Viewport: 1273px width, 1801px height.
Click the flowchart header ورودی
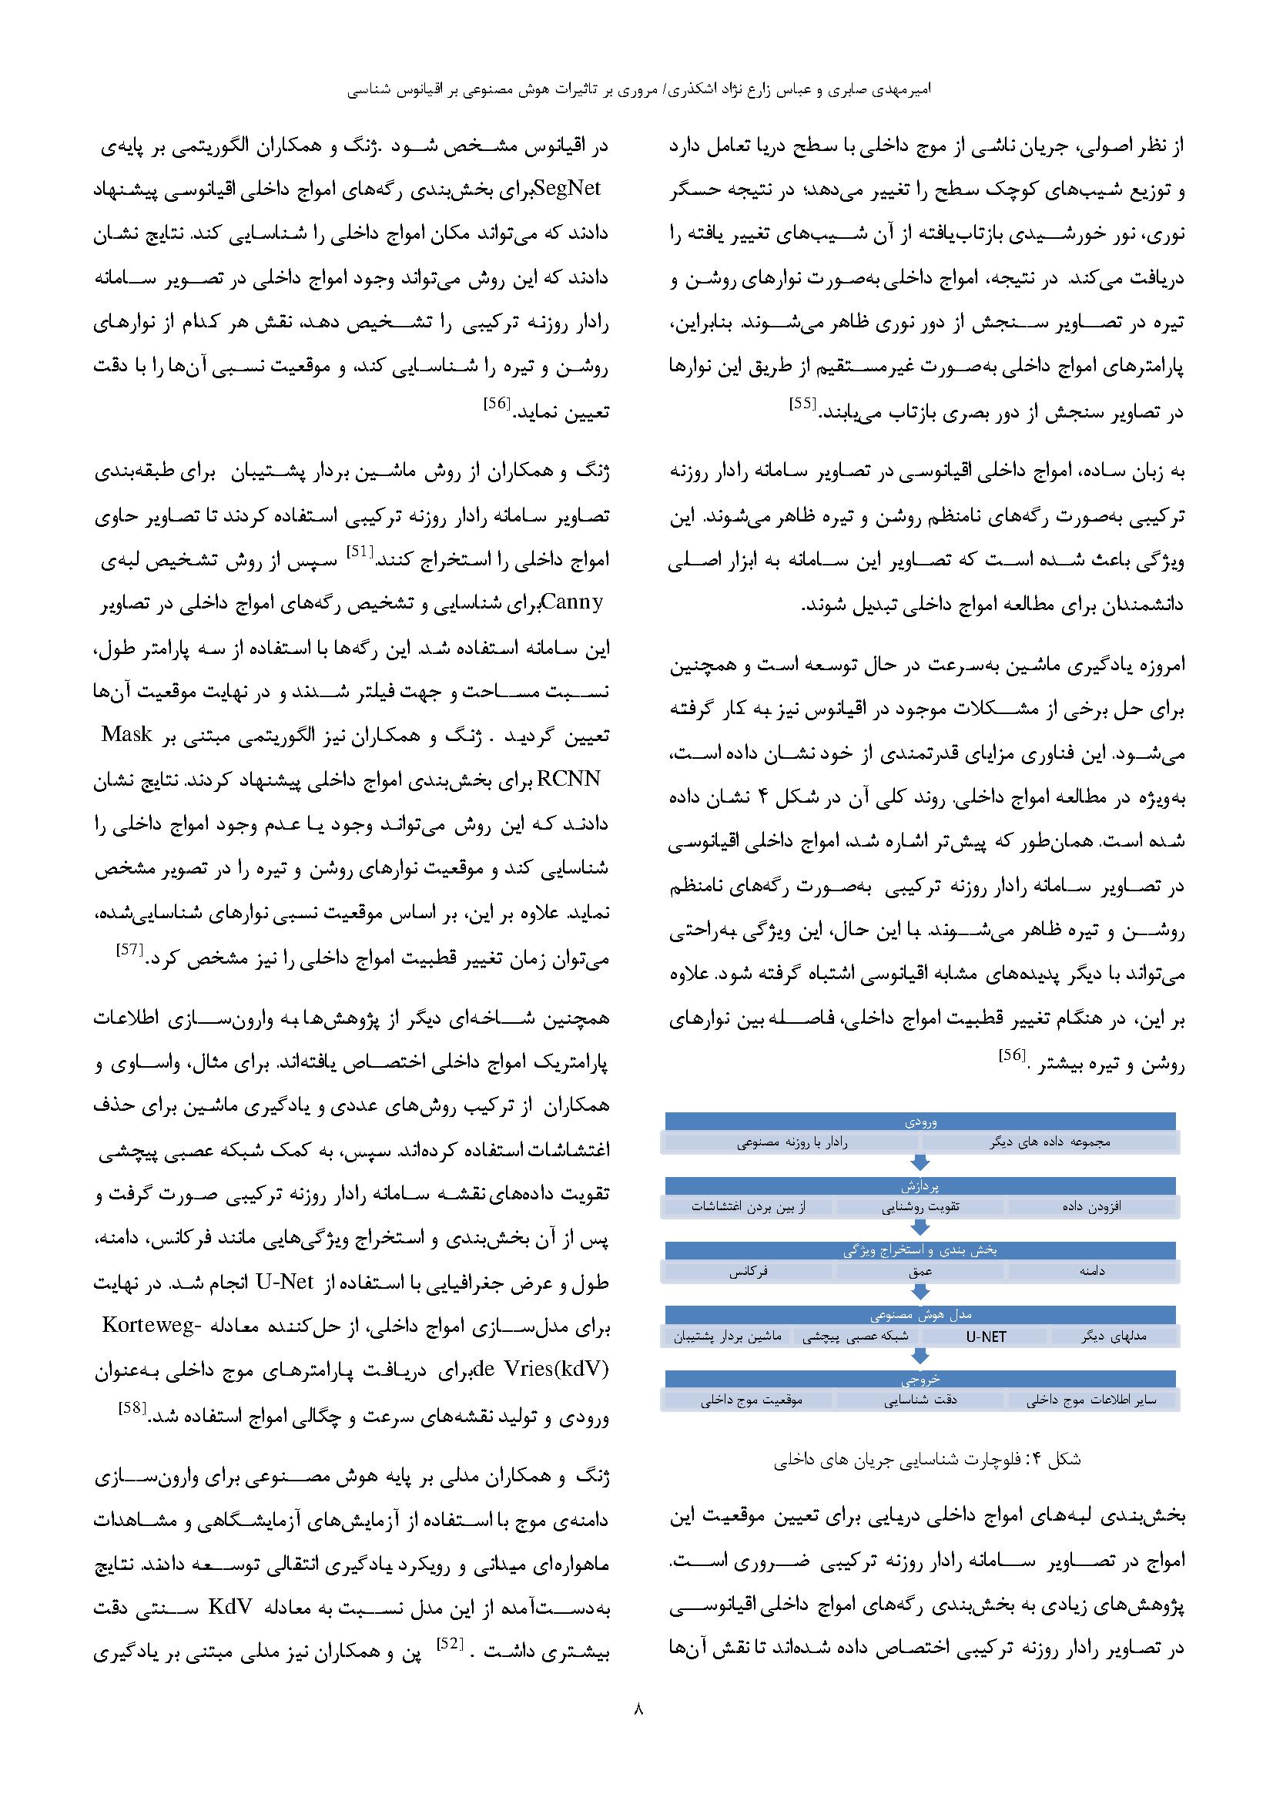coord(921,1122)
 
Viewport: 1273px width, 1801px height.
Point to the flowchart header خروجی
coord(921,1380)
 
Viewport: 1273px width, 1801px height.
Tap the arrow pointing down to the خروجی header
coord(921,1357)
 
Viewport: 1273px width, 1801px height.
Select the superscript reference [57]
coord(129,950)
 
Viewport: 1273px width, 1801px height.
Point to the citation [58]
coord(130,1408)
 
